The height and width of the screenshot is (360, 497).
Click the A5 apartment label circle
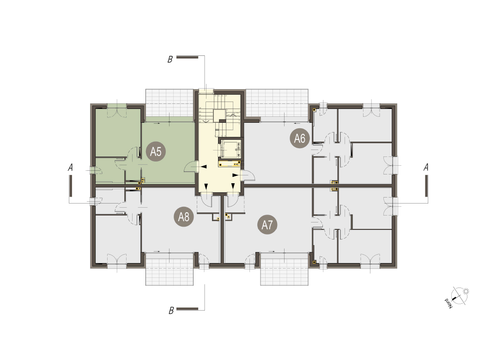156,152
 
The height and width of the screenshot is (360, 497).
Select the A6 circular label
299,138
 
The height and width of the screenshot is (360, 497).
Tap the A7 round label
267,225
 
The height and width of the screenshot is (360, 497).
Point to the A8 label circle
184,217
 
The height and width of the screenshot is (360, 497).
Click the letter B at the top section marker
170,60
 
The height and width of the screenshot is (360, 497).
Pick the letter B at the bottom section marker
171,311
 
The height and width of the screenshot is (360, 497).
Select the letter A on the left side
70,167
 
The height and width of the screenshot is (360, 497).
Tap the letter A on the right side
426,167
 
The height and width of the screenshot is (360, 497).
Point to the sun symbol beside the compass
466,291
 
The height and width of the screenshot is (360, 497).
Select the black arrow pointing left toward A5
203,167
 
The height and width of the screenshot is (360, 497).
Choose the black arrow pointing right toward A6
236,175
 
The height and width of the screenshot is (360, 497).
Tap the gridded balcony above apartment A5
170,103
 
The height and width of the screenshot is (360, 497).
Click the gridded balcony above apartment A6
277,103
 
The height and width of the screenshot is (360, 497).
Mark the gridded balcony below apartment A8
170,269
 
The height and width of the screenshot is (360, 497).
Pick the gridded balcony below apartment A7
285,269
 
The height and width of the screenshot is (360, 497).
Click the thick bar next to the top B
188,57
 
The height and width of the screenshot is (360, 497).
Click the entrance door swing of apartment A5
191,167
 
